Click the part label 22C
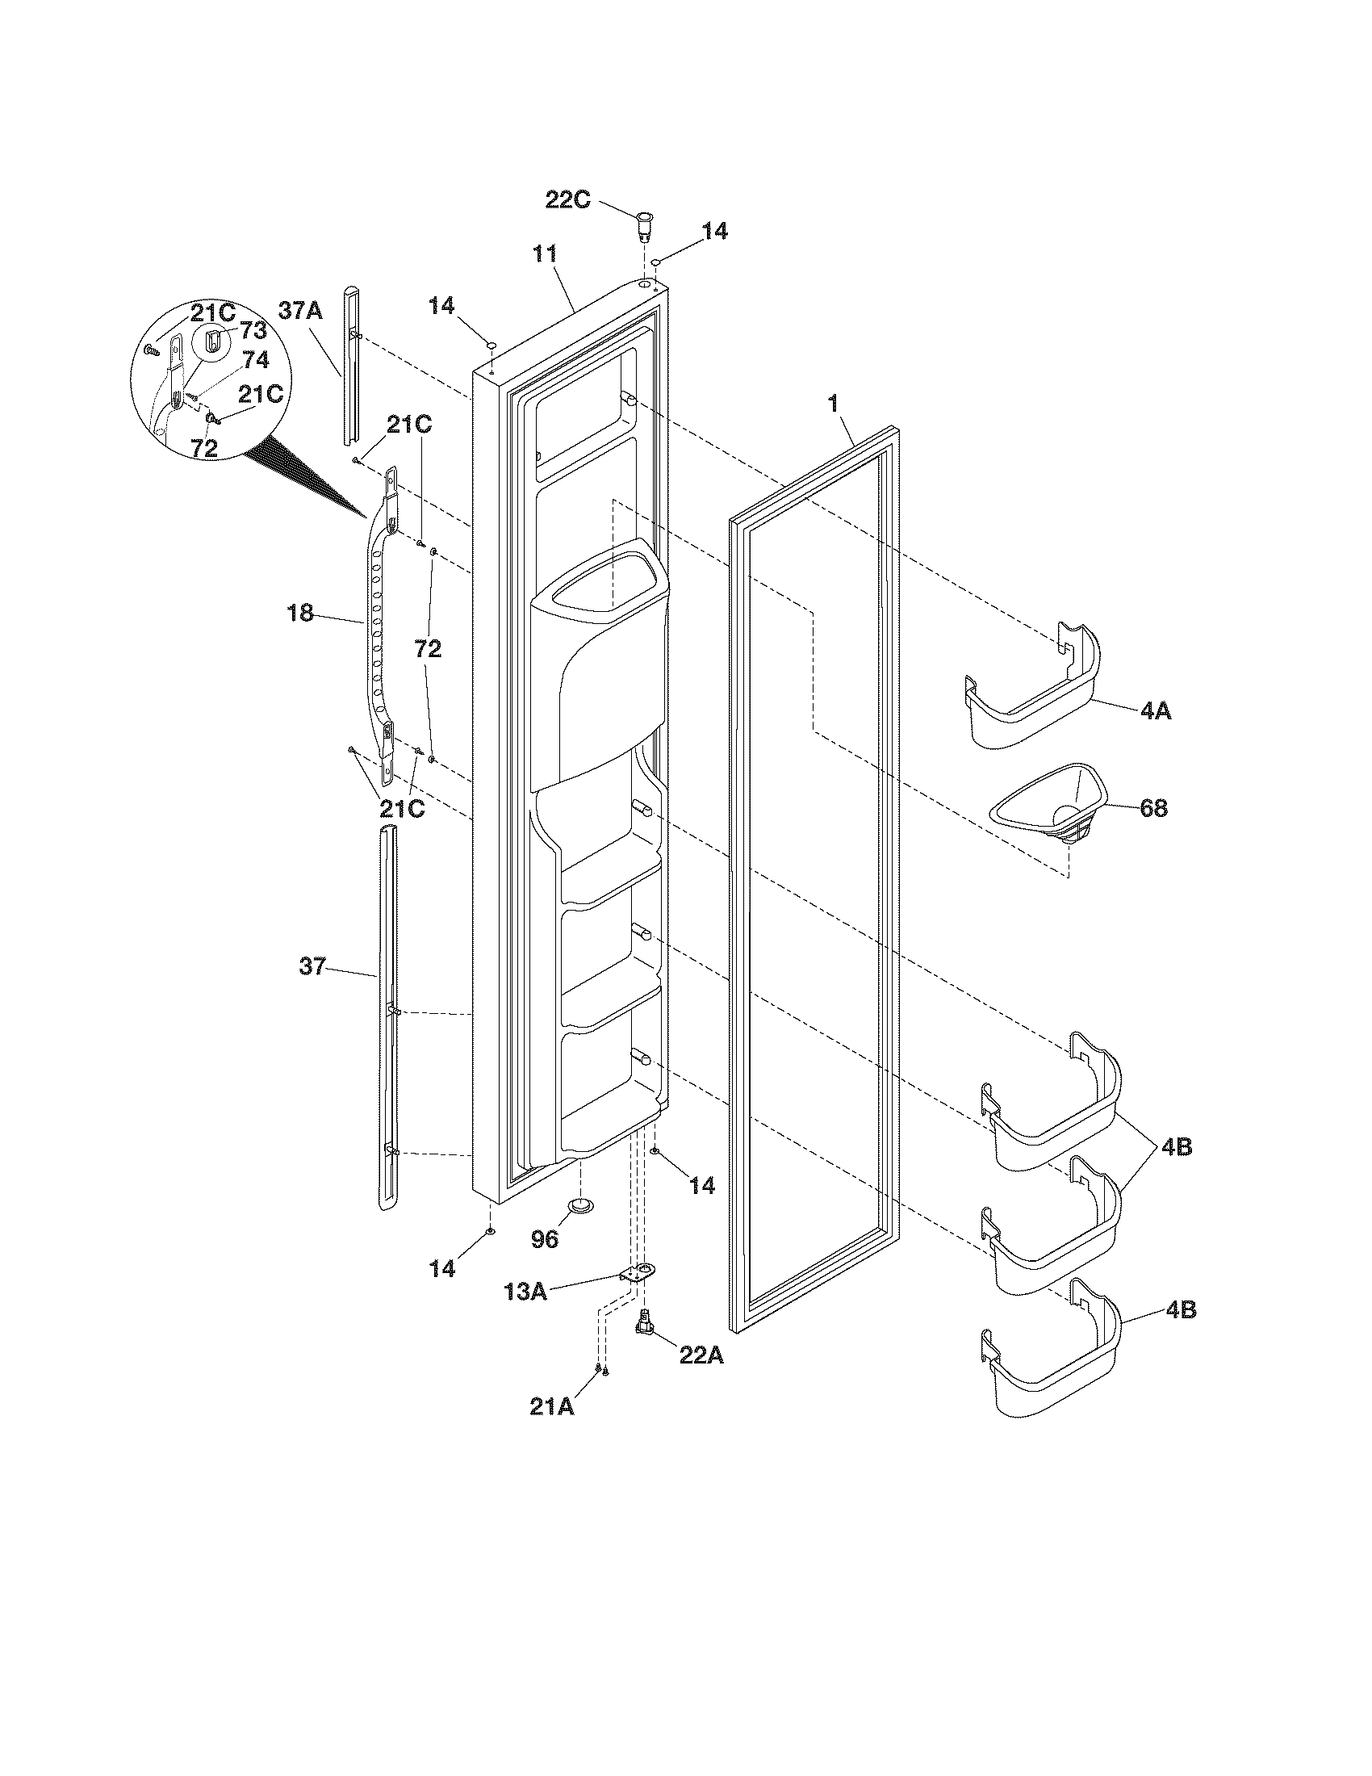(567, 199)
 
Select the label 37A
(301, 310)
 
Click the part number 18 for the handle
(300, 613)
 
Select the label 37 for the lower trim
(312, 966)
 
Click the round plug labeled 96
(579, 1204)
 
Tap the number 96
(546, 1238)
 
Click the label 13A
(525, 1291)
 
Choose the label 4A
(1155, 711)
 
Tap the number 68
(1154, 807)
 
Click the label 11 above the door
(544, 254)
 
